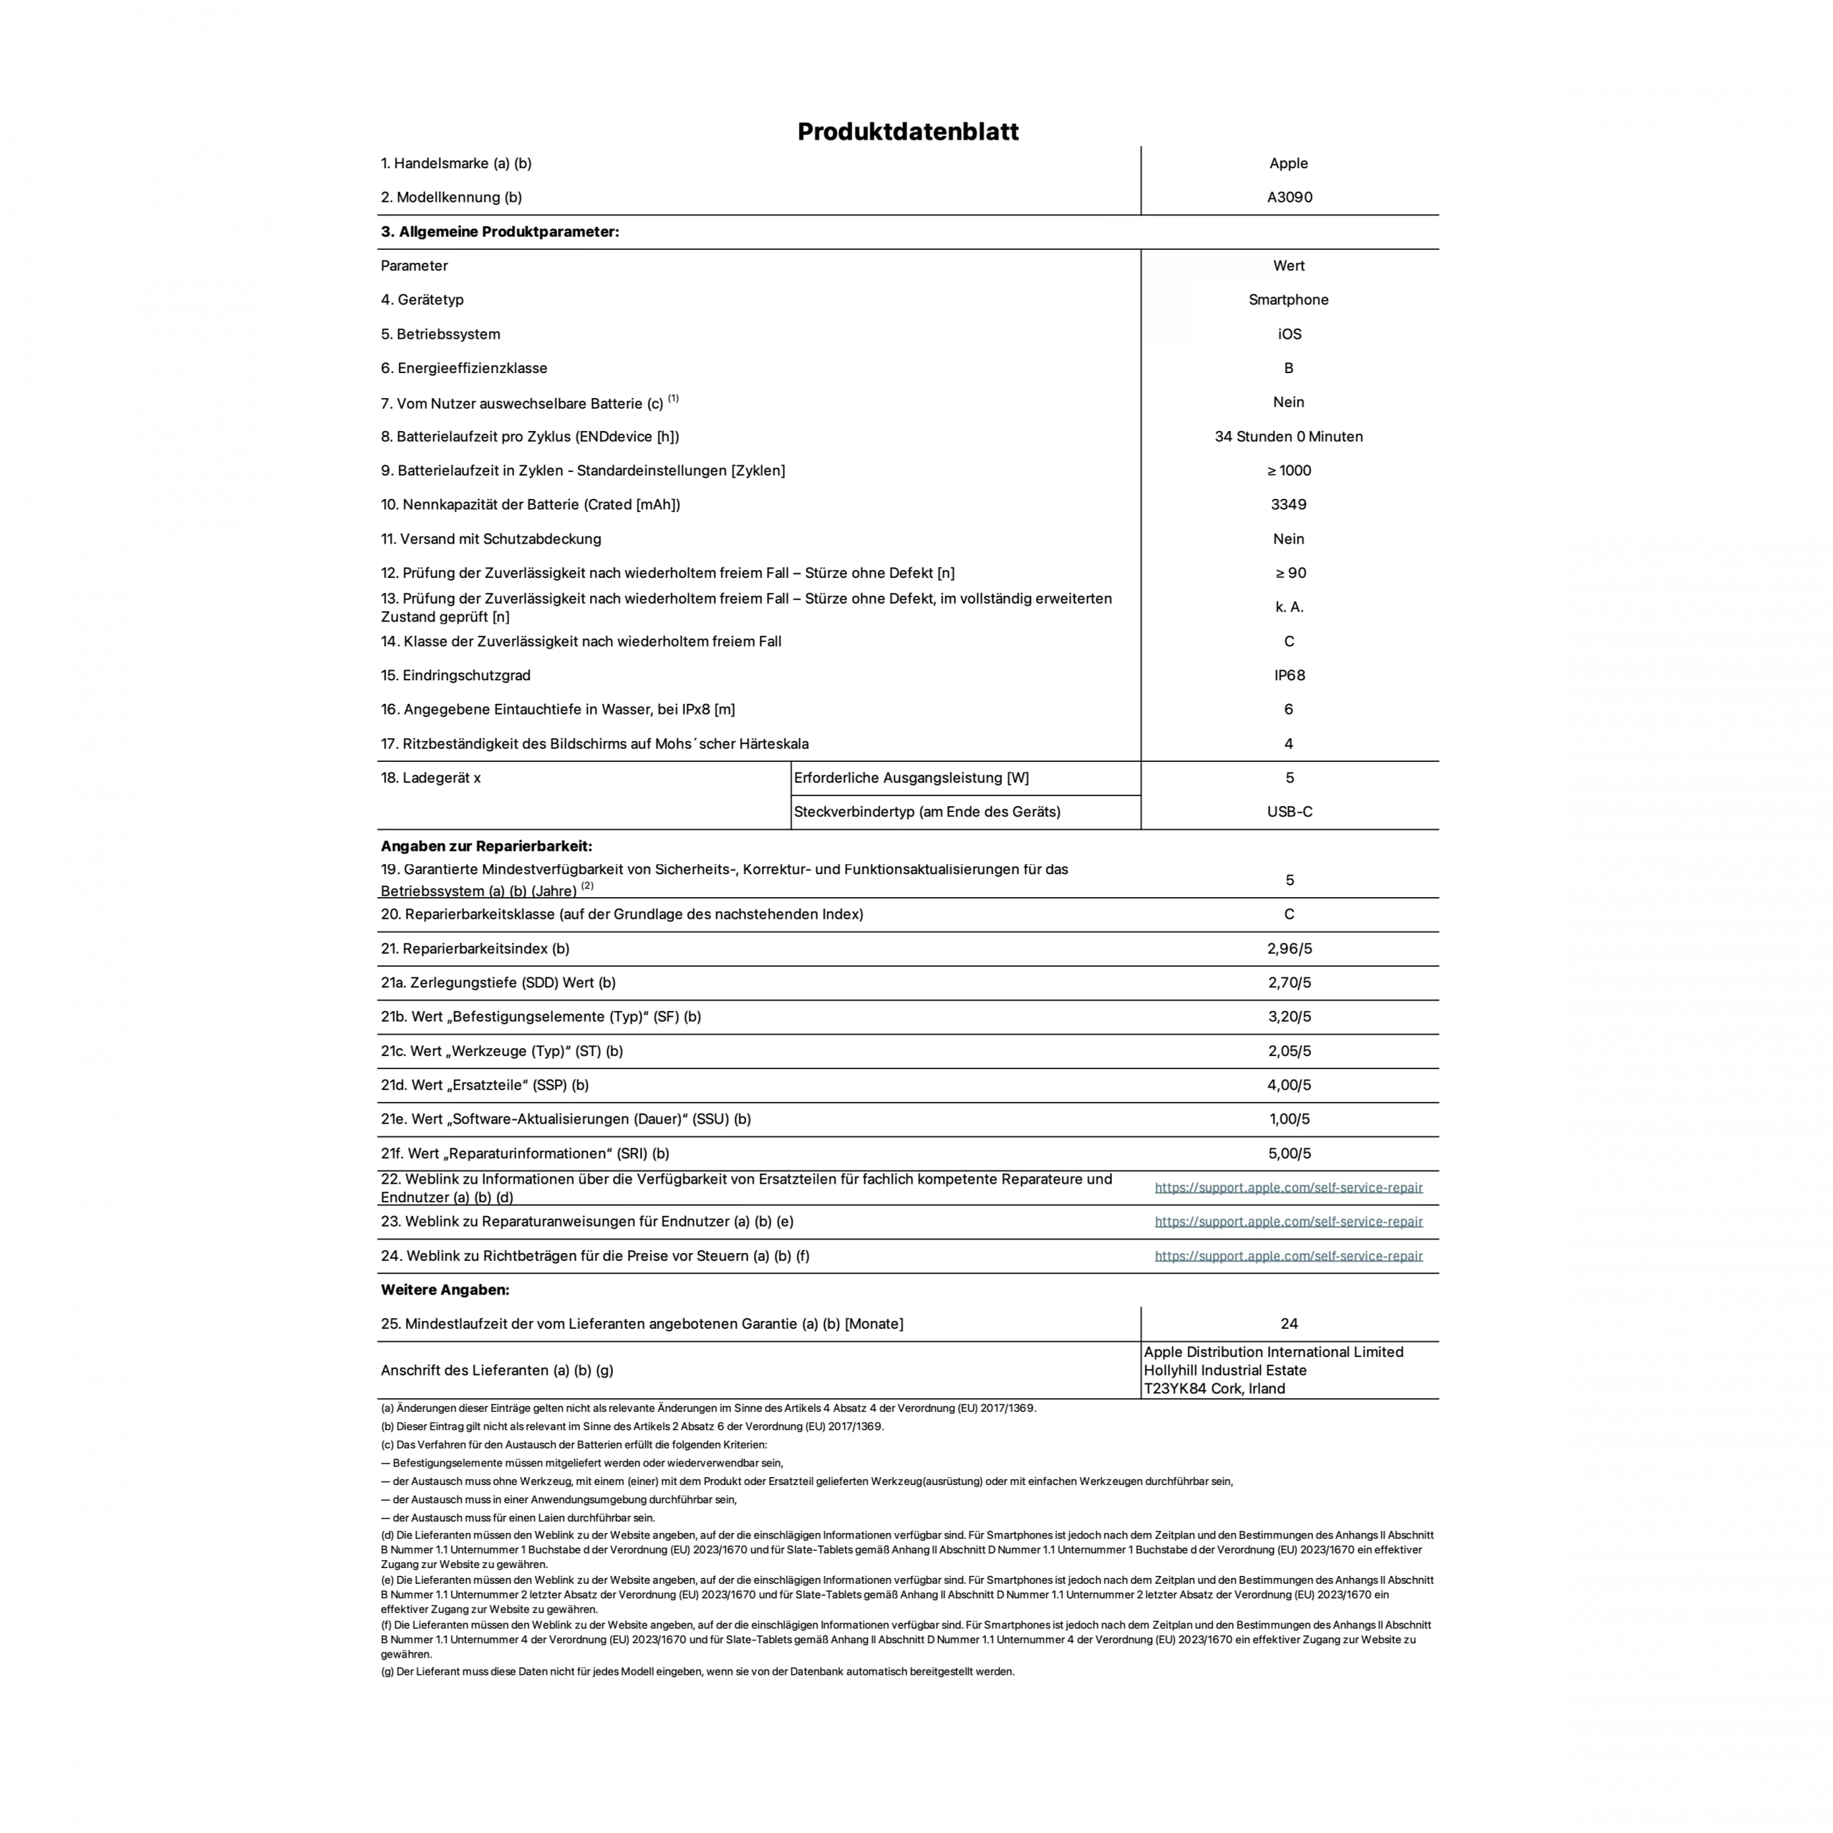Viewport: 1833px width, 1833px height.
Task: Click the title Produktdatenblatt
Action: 908,131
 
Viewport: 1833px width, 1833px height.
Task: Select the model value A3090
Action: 1290,198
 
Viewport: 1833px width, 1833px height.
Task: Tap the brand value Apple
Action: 1288,163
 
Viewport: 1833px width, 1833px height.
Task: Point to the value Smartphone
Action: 1288,300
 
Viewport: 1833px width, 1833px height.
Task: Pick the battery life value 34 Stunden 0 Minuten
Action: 1288,437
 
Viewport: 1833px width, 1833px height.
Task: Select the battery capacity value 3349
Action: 1288,505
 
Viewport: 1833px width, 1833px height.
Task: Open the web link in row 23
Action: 1288,1222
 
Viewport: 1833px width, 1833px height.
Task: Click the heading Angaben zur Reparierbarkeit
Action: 485,846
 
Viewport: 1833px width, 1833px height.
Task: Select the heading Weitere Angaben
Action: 445,1290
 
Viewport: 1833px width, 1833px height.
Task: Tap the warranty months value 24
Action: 1288,1323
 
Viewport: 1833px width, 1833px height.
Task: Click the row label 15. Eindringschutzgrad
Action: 455,675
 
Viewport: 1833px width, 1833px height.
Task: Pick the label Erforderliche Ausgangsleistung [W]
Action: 911,778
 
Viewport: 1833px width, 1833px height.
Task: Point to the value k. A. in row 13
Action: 1288,607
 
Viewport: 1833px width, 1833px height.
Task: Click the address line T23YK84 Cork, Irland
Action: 1214,1389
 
